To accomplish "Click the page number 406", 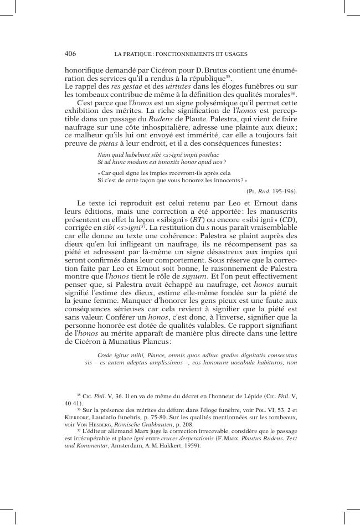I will coord(70,54).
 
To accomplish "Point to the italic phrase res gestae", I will coord(124,86).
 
